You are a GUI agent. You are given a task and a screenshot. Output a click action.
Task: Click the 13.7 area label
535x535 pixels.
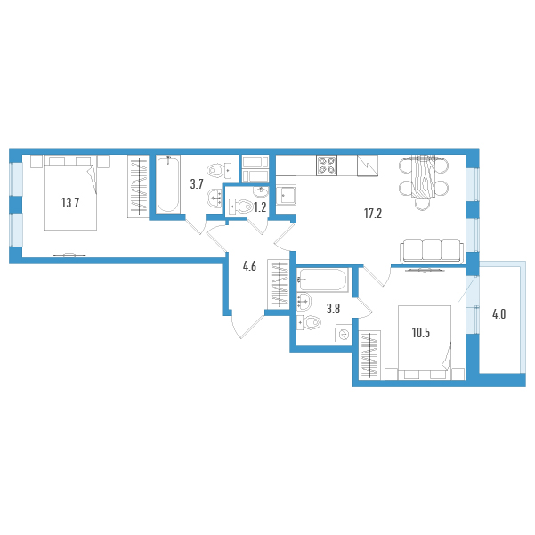pos(70,203)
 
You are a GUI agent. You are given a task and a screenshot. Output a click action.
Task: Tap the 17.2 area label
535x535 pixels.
pos(373,214)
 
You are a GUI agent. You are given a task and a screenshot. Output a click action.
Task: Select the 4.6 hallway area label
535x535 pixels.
pos(249,266)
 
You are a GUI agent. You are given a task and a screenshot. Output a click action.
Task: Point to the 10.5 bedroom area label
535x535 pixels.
pos(421,333)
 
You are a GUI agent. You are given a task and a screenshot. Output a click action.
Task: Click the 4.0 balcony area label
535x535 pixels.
pos(499,314)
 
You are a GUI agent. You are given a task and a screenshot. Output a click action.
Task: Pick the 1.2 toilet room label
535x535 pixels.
pos(260,207)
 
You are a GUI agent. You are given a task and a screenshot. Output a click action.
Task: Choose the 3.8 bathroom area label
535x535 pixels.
pos(333,309)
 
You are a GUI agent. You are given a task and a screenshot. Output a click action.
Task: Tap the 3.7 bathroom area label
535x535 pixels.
pos(197,184)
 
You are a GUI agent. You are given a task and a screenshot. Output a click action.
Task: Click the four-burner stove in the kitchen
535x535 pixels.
pos(327,166)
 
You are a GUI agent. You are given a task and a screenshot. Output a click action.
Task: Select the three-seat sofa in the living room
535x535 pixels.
pos(432,251)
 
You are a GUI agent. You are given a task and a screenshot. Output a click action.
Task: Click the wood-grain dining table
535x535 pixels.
pos(423,176)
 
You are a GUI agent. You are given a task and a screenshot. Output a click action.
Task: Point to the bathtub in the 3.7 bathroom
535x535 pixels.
pos(168,184)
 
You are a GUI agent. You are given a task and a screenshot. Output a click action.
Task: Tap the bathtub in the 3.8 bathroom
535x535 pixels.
pos(322,280)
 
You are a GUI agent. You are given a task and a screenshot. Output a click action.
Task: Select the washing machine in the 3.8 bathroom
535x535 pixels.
pos(344,335)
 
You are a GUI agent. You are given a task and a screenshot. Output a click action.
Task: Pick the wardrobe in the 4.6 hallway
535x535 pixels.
pos(279,284)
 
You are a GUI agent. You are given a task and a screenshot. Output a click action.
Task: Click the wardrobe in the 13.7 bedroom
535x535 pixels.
pos(139,186)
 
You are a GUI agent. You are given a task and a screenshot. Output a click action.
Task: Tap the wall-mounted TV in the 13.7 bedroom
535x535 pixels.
pos(69,255)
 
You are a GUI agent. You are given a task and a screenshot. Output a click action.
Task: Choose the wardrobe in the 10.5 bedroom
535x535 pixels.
pos(369,355)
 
